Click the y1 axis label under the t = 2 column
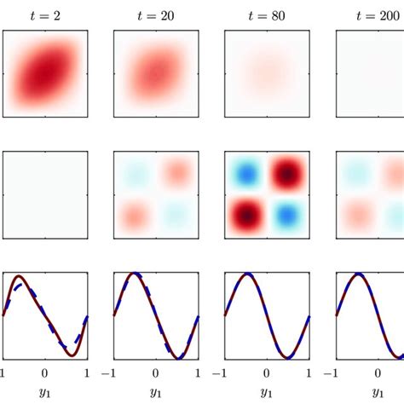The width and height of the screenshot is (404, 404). point(45,393)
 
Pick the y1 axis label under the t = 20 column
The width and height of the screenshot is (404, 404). point(156,393)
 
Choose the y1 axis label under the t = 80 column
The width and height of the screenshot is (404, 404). point(267,393)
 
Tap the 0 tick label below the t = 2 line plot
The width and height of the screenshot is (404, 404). point(45,372)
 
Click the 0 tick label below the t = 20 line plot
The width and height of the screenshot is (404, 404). point(156,372)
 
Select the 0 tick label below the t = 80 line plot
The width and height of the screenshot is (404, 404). point(267,372)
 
